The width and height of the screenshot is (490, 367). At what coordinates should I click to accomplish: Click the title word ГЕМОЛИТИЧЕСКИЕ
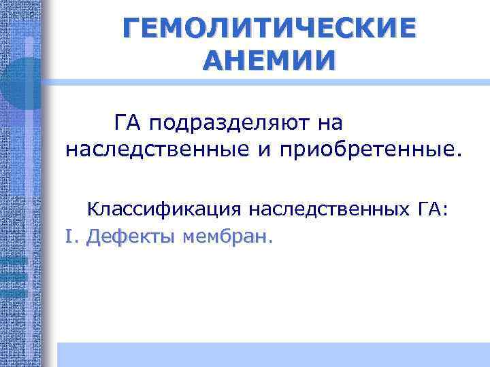(x=269, y=29)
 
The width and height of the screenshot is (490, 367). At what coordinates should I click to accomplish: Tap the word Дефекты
(x=131, y=237)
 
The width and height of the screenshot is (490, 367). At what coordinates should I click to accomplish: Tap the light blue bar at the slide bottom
(x=272, y=354)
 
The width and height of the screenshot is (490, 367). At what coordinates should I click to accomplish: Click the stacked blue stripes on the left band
(x=14, y=275)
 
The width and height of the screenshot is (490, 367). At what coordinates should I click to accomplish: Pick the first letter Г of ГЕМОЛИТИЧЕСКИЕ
(x=132, y=29)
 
